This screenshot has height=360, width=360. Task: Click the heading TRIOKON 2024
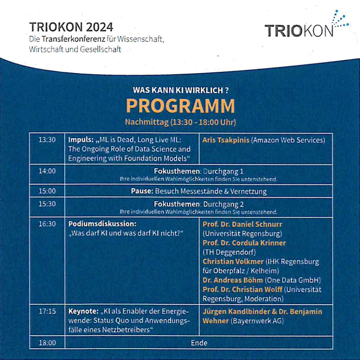click(71, 27)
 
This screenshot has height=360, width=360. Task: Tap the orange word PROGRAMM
click(180, 106)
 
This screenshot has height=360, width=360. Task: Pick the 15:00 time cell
click(47, 191)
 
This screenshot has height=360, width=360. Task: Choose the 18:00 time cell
click(47, 343)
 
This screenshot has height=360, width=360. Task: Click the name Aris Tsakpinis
click(226, 140)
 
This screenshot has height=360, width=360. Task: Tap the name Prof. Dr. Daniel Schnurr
click(242, 224)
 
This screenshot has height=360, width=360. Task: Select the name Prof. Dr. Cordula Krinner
click(244, 243)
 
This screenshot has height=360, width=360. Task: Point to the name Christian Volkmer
click(233, 261)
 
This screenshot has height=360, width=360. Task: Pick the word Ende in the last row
click(199, 343)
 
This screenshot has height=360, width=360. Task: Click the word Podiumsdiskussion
click(102, 224)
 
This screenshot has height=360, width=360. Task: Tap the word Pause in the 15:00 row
click(142, 191)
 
